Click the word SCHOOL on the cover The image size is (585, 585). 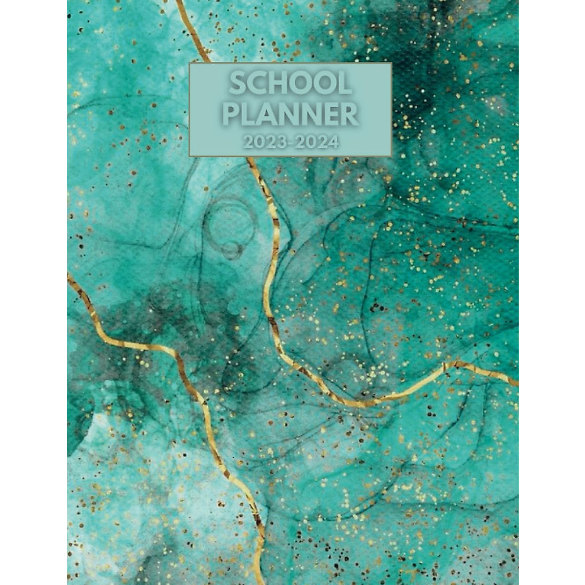[290, 85]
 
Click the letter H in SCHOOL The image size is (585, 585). [278, 85]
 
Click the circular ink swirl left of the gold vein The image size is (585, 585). [229, 229]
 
